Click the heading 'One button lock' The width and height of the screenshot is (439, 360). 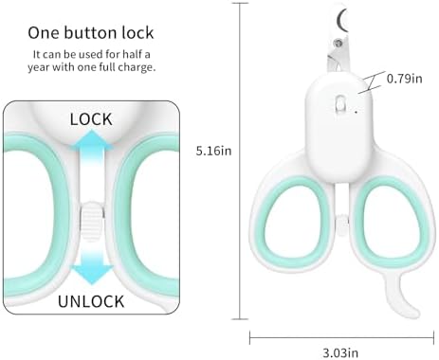pos(91,33)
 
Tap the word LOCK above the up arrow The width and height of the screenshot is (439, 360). pos(91,119)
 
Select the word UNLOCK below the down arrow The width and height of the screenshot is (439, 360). pos(91,301)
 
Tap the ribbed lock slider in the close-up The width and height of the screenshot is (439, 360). pos(92,221)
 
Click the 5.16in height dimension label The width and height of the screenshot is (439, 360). pos(213,151)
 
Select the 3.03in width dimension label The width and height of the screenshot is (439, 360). pos(340,352)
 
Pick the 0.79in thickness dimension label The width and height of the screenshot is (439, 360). pos(405,79)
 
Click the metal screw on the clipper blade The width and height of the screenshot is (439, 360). pos(338,42)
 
